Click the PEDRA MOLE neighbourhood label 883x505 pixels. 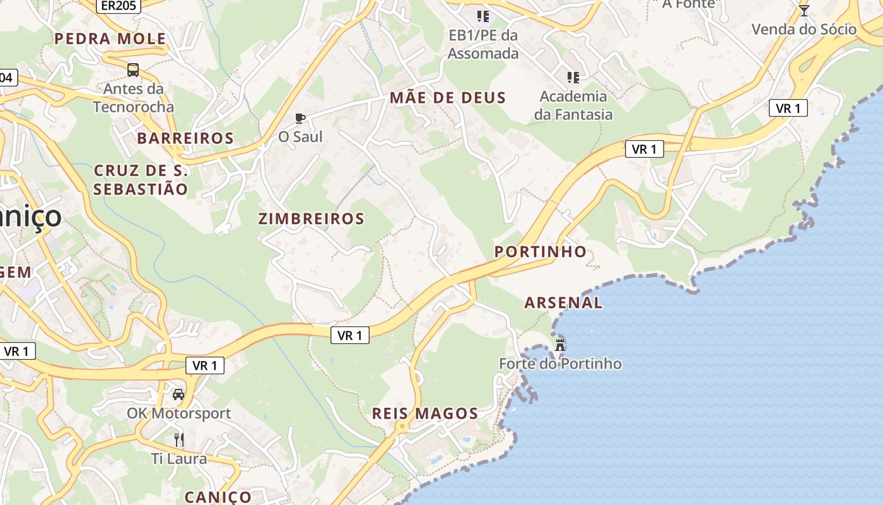(x=110, y=39)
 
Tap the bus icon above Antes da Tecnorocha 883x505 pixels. (x=133, y=69)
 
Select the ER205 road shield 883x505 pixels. (x=119, y=6)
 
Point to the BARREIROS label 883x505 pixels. (x=185, y=138)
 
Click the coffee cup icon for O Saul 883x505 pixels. (x=300, y=118)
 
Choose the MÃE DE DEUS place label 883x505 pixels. (x=448, y=98)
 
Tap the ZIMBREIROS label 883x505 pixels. (x=312, y=219)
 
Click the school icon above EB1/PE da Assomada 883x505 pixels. (x=483, y=16)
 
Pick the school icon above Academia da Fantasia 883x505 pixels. (x=573, y=78)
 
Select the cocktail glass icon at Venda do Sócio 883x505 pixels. (x=804, y=10)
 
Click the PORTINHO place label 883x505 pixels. (x=541, y=252)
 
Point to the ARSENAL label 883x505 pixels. (x=563, y=303)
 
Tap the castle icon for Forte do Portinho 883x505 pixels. (x=559, y=345)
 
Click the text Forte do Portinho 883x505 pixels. (x=560, y=364)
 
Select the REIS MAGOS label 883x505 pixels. (x=425, y=414)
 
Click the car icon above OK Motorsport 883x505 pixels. (x=178, y=395)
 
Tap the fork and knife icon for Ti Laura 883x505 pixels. (x=179, y=439)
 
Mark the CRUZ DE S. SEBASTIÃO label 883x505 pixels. (x=141, y=180)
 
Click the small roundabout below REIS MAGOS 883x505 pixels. (x=401, y=427)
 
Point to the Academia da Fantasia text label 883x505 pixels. (x=573, y=105)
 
